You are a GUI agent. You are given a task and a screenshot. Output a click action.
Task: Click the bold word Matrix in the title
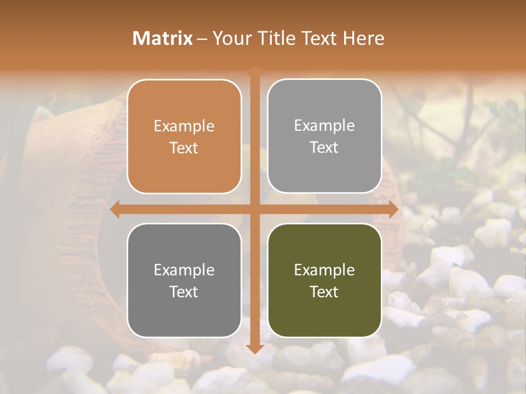pyautogui.click(x=163, y=38)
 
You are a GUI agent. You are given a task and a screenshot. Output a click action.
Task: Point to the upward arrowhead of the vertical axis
pyautogui.click(x=254, y=71)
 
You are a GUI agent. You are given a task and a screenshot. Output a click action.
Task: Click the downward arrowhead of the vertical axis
pyautogui.click(x=254, y=349)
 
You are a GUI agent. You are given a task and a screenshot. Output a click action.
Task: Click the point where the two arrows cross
pyautogui.click(x=254, y=209)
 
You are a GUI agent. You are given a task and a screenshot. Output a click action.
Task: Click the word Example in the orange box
pyautogui.click(x=184, y=126)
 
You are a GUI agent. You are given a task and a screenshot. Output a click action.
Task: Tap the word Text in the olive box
pyautogui.click(x=324, y=292)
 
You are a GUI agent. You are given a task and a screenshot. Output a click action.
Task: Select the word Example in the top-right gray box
pyautogui.click(x=324, y=126)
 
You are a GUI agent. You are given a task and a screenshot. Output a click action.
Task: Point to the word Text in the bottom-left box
pyautogui.click(x=184, y=292)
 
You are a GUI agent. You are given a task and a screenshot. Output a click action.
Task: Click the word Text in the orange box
pyautogui.click(x=184, y=148)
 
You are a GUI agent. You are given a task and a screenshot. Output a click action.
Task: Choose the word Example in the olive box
pyautogui.click(x=324, y=270)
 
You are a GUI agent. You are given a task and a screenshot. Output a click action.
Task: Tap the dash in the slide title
pyautogui.click(x=202, y=39)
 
